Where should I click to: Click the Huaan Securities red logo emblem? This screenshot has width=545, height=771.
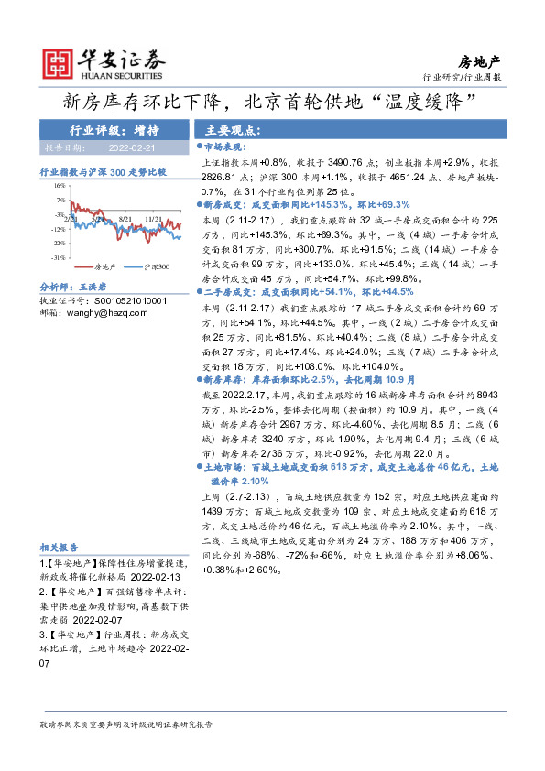pos(60,61)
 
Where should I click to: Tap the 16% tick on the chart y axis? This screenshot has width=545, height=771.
pos(60,185)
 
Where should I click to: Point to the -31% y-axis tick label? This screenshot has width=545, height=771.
pos(59,258)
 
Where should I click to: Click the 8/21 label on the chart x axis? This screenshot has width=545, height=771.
pos(125,220)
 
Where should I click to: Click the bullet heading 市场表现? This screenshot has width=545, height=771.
pos(225,146)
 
